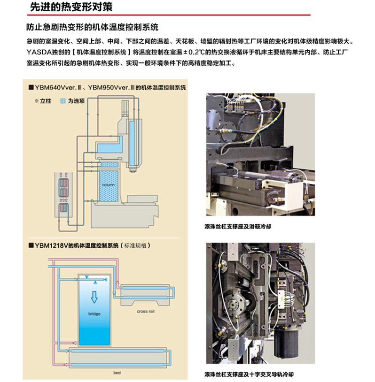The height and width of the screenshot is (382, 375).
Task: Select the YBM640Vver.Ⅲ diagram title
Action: (x=108, y=87)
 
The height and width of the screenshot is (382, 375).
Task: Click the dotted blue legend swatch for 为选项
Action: (x=62, y=101)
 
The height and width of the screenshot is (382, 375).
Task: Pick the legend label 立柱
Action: (x=45, y=101)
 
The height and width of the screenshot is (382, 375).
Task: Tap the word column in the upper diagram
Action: (x=108, y=184)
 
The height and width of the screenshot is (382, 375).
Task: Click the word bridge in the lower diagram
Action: (x=94, y=313)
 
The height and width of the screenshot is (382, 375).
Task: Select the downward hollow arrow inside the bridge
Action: (x=94, y=297)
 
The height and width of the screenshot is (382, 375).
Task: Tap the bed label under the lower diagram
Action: (x=117, y=373)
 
